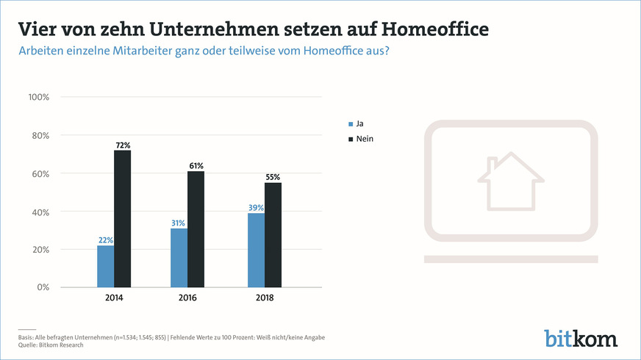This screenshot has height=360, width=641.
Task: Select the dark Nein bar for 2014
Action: click(122, 218)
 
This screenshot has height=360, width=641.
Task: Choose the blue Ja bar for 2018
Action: click(255, 250)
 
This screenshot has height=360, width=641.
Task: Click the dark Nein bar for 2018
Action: click(273, 234)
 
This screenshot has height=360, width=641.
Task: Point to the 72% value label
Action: click(123, 145)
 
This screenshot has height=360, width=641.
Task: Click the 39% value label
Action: click(255, 207)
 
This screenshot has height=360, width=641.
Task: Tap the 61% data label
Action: click(196, 165)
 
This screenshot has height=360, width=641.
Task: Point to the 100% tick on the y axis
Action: click(38, 98)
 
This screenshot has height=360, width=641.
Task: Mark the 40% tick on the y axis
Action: click(40, 212)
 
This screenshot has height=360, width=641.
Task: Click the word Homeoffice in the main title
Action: click(423, 29)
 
